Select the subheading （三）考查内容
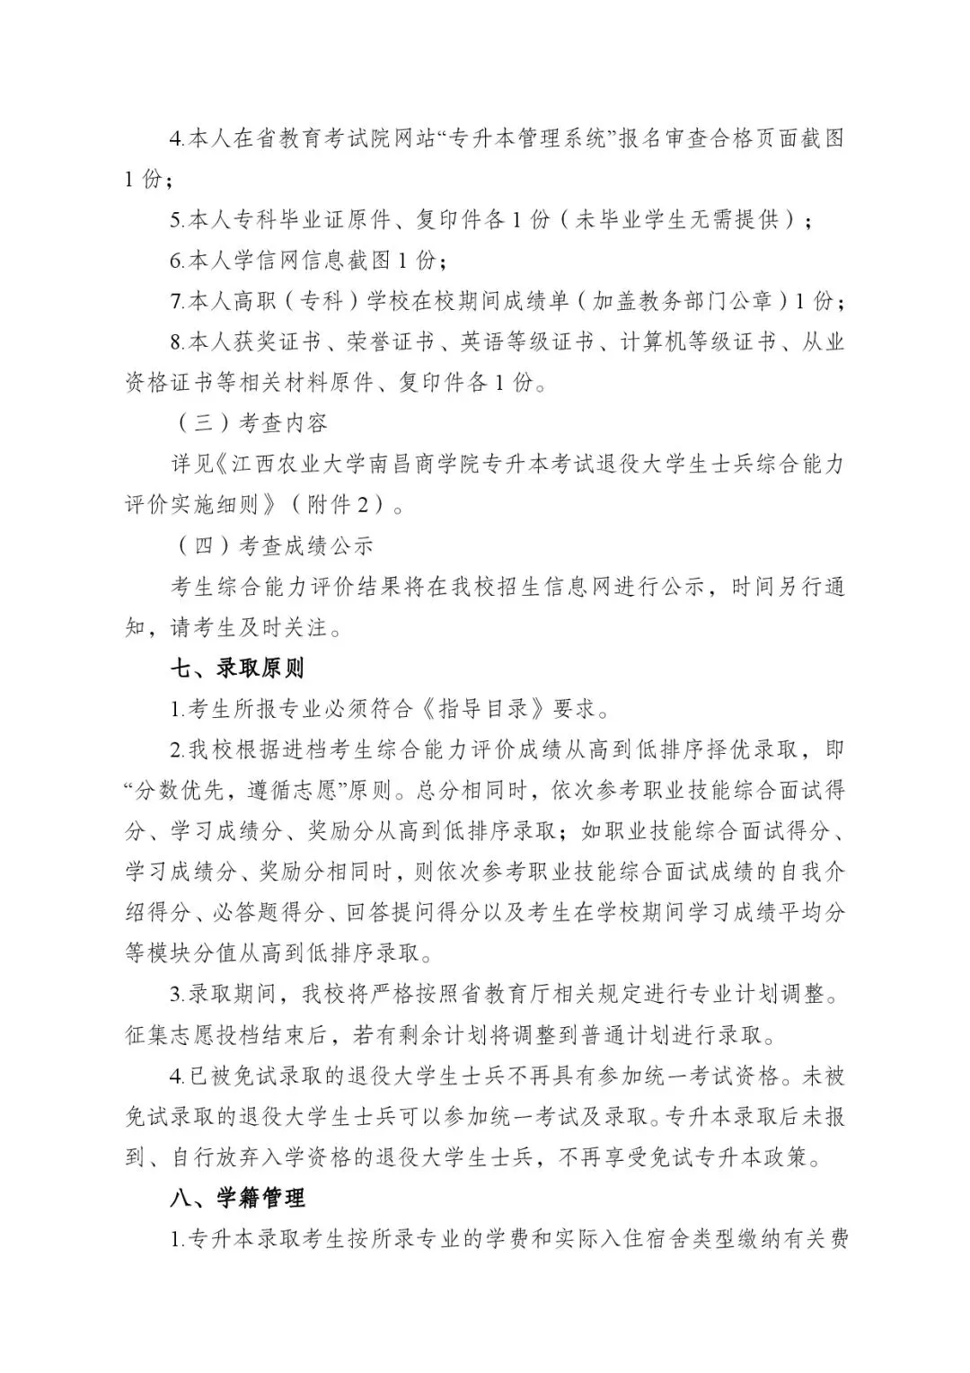[x=249, y=422]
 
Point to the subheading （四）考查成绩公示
[x=271, y=545]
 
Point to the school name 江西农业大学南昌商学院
[x=357, y=465]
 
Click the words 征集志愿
[x=170, y=1035]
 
